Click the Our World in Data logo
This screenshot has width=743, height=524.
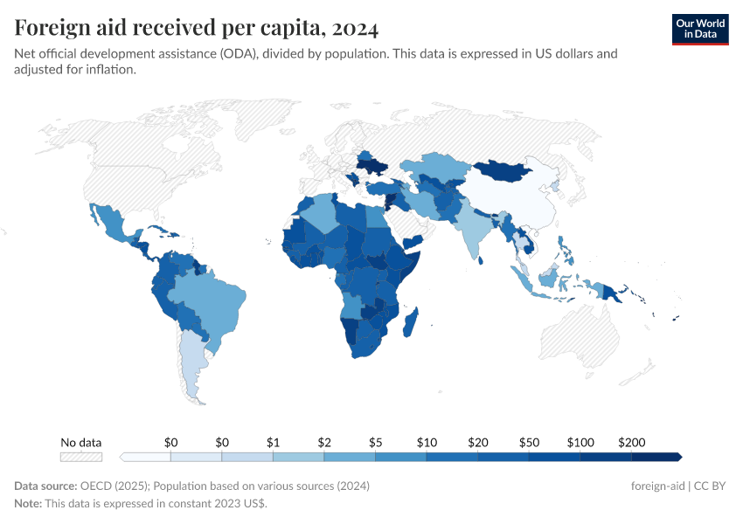(700, 29)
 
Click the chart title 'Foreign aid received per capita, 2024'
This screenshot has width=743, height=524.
(197, 29)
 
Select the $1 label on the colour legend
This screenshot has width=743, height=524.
(273, 442)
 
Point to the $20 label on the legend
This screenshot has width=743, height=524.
(477, 442)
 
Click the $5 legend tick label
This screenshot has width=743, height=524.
(375, 442)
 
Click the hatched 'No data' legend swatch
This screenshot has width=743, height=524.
(80, 457)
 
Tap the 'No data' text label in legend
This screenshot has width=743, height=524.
(80, 442)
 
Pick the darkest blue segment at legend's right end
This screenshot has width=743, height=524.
(656, 457)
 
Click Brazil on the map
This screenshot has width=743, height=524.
(214, 301)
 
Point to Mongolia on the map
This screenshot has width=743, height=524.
(507, 169)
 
